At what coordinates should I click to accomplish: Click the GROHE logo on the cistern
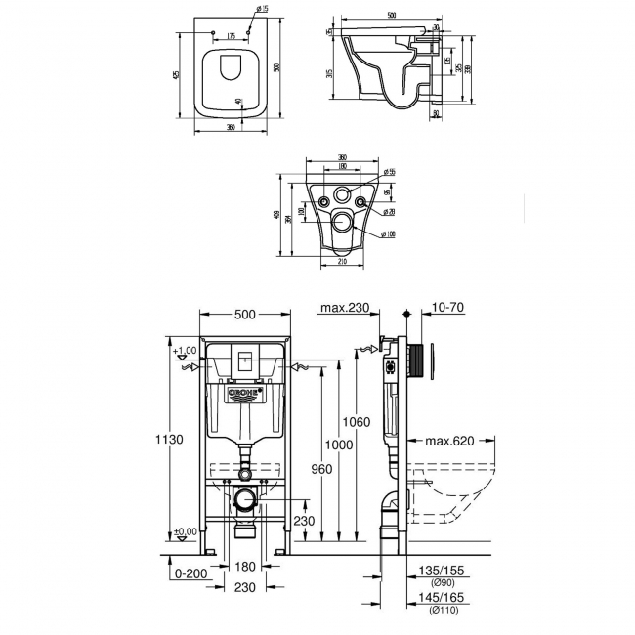point(245,394)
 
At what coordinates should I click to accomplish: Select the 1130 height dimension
point(170,440)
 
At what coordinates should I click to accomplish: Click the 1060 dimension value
point(358,422)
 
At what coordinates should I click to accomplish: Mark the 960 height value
point(320,469)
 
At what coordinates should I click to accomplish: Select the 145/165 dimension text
point(441,599)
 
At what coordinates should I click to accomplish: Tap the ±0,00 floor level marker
point(186,532)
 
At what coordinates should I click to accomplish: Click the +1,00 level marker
point(185,351)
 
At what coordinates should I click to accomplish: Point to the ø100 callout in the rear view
point(389,233)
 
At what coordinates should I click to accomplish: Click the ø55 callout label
point(389,173)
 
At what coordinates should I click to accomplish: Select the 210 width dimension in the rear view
point(342,261)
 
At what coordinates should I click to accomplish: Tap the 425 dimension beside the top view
point(177,75)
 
